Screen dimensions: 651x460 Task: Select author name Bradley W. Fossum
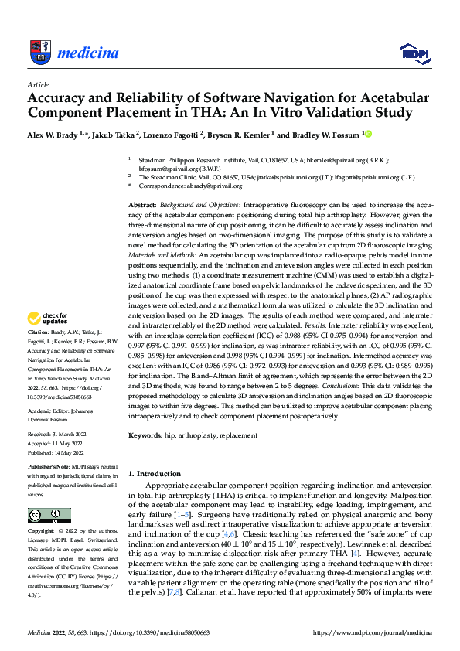coord(325,135)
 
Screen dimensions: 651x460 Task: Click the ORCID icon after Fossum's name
coord(367,135)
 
